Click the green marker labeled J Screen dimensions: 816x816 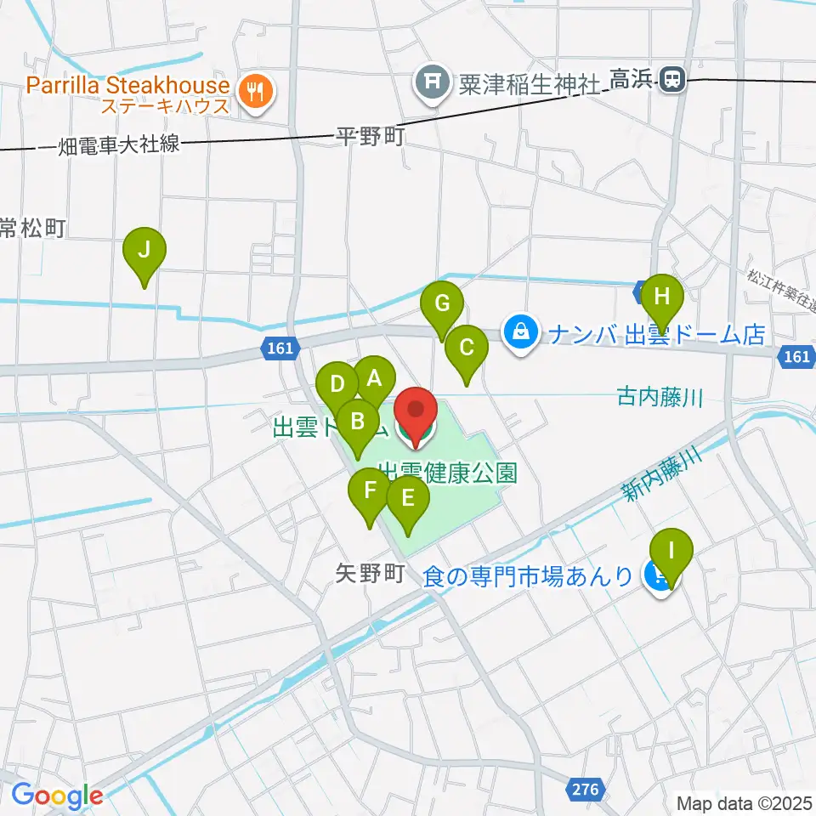click(x=144, y=250)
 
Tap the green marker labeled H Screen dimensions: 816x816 click(x=662, y=297)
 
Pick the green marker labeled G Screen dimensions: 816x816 click(x=442, y=303)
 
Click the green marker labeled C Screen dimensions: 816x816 click(x=467, y=348)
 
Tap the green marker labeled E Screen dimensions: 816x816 click(x=408, y=498)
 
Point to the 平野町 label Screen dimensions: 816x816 click(x=370, y=137)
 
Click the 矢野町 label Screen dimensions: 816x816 click(x=369, y=574)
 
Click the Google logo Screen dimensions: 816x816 click(x=56, y=796)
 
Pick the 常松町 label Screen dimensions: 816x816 click(x=32, y=228)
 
